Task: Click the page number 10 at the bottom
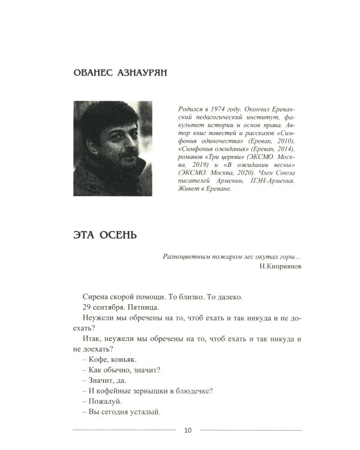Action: point(188,430)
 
